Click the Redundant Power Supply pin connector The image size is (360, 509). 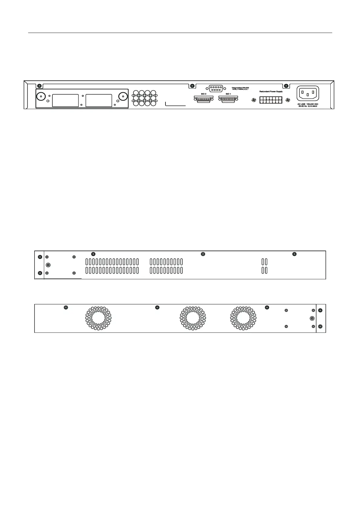point(270,100)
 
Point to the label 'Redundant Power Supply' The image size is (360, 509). point(271,91)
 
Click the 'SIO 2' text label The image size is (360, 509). point(203,94)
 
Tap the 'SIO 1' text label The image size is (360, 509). point(228,94)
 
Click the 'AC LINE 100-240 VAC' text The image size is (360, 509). point(308,104)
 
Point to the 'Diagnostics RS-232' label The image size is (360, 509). point(240,88)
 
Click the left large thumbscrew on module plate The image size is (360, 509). point(41,96)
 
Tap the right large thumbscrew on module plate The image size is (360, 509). point(123,96)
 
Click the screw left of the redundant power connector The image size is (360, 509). point(254,100)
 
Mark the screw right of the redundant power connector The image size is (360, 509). point(288,100)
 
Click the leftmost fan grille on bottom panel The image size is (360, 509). point(98,318)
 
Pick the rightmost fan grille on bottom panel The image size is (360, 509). point(243,318)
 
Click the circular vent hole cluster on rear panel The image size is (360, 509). point(144,98)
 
